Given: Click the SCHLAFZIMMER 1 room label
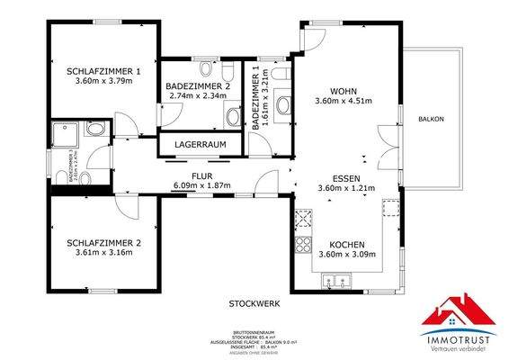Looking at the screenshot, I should click(x=103, y=71).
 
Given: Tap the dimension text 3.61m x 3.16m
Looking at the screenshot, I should click(x=103, y=253).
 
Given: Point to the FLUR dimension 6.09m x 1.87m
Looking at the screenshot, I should click(x=202, y=185).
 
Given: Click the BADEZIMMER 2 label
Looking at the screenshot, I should click(x=199, y=85).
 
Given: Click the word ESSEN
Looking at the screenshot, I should click(x=345, y=177).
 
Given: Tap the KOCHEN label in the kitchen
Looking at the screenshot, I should click(x=345, y=244).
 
